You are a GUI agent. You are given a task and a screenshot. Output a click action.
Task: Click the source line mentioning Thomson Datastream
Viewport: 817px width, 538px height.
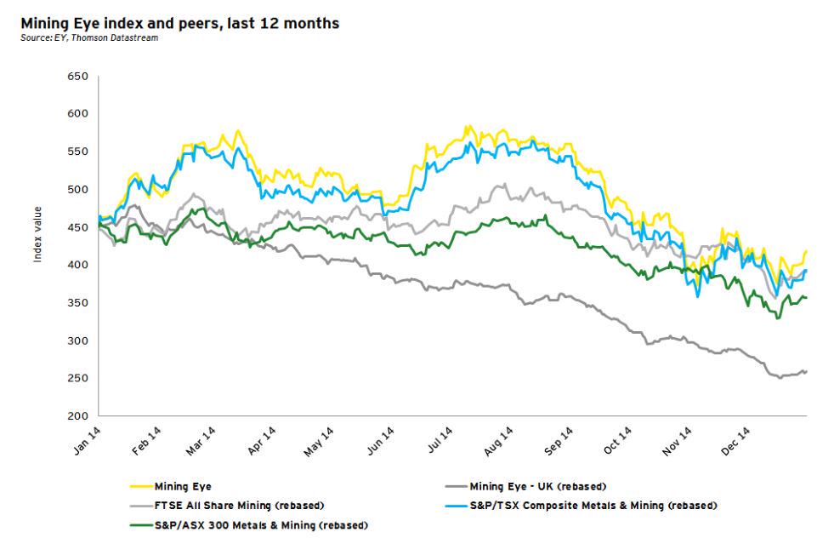[90, 38]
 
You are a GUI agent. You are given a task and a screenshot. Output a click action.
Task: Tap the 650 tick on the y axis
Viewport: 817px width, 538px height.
[77, 77]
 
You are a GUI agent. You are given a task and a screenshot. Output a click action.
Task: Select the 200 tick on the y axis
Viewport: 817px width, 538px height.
[77, 416]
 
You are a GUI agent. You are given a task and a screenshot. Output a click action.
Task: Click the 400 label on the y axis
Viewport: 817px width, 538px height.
[77, 266]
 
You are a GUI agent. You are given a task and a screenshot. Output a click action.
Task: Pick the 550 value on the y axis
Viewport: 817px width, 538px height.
[77, 152]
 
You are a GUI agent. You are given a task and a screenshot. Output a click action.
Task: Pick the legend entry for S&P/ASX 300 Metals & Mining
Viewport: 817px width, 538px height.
[261, 525]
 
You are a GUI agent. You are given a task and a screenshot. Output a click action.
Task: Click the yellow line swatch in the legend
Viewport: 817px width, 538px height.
[140, 488]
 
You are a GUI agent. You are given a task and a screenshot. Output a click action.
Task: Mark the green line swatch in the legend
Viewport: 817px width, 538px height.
[140, 525]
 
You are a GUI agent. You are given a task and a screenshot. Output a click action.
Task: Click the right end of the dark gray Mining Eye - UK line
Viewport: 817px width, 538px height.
[806, 371]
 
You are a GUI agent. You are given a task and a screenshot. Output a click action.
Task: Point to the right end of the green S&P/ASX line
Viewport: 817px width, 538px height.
[806, 297]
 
